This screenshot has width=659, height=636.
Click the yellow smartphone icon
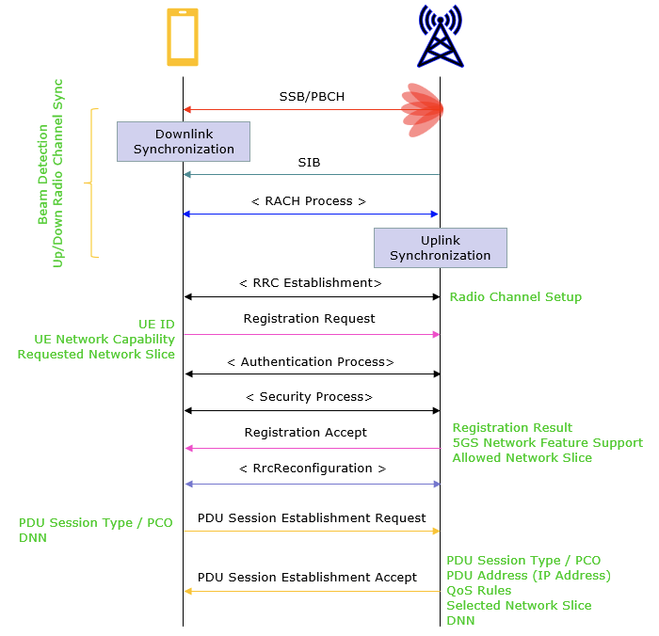tap(183, 38)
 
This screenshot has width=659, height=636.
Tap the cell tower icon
tap(441, 37)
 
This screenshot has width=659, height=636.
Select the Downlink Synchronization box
tap(184, 141)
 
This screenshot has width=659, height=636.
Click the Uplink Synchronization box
tap(441, 247)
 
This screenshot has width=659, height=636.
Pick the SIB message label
tap(309, 162)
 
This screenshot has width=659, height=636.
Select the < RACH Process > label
tap(309, 200)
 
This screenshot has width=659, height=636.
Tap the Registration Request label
tap(309, 319)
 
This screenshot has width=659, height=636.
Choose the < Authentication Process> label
tap(311, 361)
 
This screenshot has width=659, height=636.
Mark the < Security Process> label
tap(309, 397)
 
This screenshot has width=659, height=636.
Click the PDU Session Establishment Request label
tap(312, 518)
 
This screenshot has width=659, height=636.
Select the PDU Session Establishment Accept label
tap(307, 578)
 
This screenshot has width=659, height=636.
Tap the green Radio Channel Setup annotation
tap(516, 297)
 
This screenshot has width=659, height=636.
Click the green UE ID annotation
tap(156, 324)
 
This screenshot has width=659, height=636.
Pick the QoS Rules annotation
tap(479, 591)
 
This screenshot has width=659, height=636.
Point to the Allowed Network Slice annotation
tap(522, 458)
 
